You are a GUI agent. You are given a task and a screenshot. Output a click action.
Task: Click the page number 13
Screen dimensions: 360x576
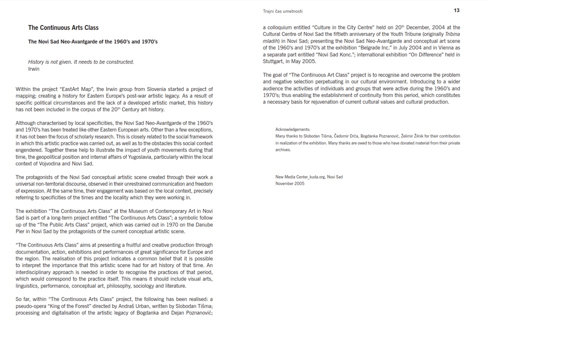pyautogui.click(x=456, y=10)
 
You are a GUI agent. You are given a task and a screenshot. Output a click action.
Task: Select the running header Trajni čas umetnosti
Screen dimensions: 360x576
pyautogui.click(x=282, y=11)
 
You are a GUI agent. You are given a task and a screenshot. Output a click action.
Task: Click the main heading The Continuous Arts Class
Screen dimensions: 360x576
pyautogui.click(x=63, y=27)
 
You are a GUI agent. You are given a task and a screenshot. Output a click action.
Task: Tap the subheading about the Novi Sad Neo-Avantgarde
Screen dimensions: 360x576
pyautogui.click(x=92, y=41)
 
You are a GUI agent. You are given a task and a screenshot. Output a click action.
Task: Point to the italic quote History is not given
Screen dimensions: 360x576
pyautogui.click(x=81, y=62)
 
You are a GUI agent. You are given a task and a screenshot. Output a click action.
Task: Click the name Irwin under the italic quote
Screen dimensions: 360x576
pyautogui.click(x=33, y=69)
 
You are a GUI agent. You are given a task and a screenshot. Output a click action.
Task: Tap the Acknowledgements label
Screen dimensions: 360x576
pyautogui.click(x=292, y=129)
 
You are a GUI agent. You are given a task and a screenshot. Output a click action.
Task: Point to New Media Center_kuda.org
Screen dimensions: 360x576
pyautogui.click(x=299, y=177)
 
